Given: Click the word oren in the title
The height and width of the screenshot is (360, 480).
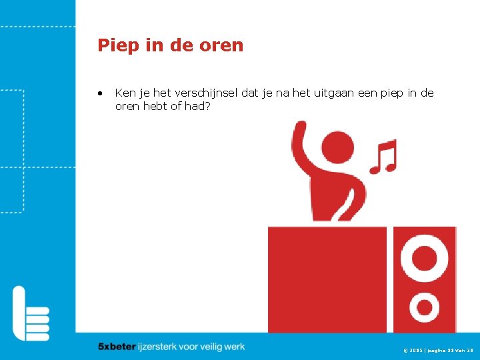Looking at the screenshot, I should pyautogui.click(x=223, y=45).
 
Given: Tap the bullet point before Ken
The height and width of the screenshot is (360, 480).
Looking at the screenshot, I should pyautogui.click(x=99, y=93).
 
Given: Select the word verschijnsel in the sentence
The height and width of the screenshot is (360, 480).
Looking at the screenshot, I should pyautogui.click(x=203, y=93).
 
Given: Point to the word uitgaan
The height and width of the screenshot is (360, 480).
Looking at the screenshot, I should pyautogui.click(x=329, y=93).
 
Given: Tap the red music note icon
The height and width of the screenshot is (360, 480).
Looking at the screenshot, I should pyautogui.click(x=384, y=156).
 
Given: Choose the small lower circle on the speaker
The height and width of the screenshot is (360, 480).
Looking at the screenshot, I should pyautogui.click(x=425, y=307).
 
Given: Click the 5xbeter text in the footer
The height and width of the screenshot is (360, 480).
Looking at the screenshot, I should pyautogui.click(x=116, y=347).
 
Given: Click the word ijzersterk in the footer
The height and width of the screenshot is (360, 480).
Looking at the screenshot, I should pyautogui.click(x=157, y=347).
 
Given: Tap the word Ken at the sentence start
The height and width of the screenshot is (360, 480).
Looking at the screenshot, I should pyautogui.click(x=123, y=93).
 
